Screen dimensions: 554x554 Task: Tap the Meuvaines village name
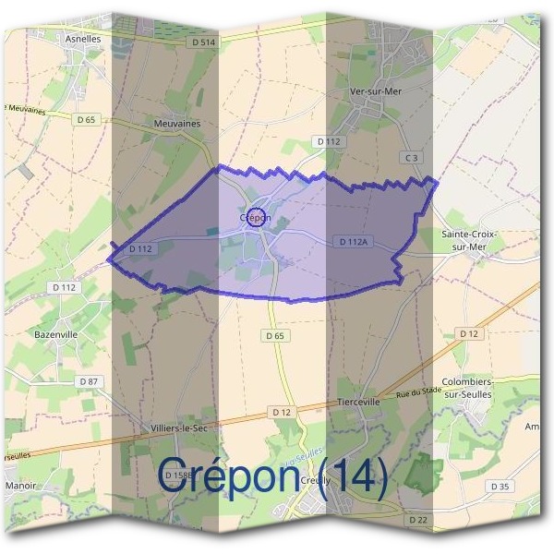click(x=177, y=123)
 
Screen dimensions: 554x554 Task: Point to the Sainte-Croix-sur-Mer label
click(x=469, y=240)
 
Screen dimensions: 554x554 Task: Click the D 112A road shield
click(x=353, y=242)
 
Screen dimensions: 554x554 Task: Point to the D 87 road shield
click(x=89, y=381)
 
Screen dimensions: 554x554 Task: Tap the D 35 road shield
click(x=500, y=486)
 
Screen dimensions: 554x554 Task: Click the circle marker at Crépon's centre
click(x=259, y=219)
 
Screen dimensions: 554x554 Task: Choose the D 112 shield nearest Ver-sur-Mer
click(x=329, y=141)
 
